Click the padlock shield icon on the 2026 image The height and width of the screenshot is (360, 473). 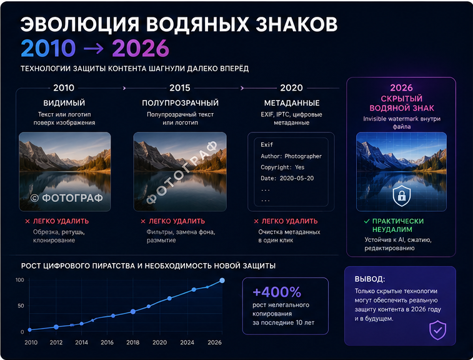[x=402, y=196]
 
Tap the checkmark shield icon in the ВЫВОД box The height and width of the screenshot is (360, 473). [x=438, y=330]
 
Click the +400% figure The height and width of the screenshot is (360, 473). [x=277, y=292]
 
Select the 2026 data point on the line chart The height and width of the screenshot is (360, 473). [x=222, y=281]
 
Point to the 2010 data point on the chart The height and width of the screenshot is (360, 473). [x=29, y=330]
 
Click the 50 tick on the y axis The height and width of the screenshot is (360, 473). [x=21, y=306]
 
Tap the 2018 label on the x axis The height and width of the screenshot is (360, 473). [x=132, y=342]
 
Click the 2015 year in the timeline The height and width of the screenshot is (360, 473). [x=180, y=87]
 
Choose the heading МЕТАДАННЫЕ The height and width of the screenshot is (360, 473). [x=292, y=103]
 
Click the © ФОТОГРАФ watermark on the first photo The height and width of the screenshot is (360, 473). [x=67, y=198]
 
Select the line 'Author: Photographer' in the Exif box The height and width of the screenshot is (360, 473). [x=291, y=156]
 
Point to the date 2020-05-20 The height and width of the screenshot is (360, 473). [x=297, y=178]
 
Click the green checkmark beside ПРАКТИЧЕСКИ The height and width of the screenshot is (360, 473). [x=367, y=221]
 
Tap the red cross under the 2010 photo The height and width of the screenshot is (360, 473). [x=27, y=221]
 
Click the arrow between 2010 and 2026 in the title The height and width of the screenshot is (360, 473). [x=94, y=48]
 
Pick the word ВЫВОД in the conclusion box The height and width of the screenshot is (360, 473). [x=370, y=279]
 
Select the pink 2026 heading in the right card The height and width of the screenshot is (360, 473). [x=401, y=87]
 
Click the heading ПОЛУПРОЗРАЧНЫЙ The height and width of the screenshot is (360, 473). [x=181, y=103]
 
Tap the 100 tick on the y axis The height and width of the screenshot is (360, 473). [x=19, y=280]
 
